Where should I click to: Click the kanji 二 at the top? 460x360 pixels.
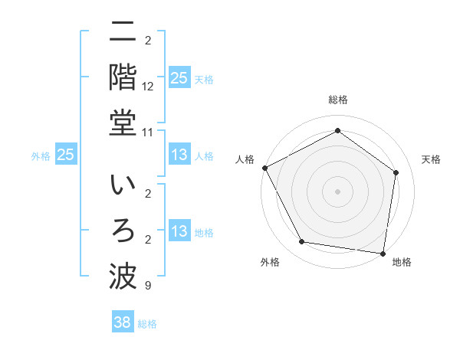coord(123,33)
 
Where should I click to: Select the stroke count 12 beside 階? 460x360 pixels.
coord(148,87)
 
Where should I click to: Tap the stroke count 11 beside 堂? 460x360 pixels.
coord(148,132)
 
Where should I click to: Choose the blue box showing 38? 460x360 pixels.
coord(122,322)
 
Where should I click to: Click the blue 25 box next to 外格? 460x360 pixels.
coord(65,155)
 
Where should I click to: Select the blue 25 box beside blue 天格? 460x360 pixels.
coord(179,78)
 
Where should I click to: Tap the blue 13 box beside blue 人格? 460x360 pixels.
coord(179,155)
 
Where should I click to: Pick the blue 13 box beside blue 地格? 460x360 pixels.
coord(179,232)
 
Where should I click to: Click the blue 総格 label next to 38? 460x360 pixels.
coord(147,324)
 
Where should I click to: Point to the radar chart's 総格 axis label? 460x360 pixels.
coord(337,100)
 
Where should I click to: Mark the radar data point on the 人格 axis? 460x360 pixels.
coord(265,168)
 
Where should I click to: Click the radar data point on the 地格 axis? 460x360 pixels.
coord(383,252)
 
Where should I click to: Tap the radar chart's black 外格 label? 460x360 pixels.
coord(270,262)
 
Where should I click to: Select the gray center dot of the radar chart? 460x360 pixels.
coord(337,191)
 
